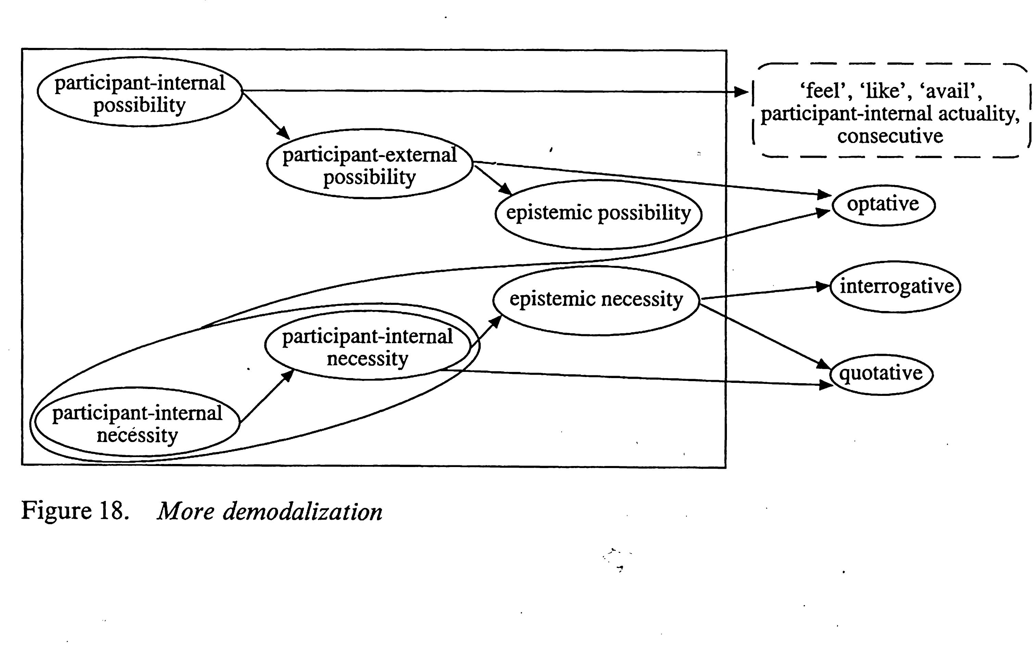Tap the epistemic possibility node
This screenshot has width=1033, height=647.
[598, 213]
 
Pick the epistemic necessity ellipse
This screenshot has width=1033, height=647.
[596, 300]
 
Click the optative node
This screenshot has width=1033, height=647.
[883, 205]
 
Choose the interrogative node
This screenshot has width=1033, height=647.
[896, 287]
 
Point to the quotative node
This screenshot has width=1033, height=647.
[881, 374]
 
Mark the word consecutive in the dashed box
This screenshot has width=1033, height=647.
[890, 137]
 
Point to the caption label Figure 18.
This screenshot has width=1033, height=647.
[75, 510]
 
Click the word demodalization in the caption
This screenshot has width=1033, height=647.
[303, 512]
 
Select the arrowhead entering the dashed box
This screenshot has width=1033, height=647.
[741, 92]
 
